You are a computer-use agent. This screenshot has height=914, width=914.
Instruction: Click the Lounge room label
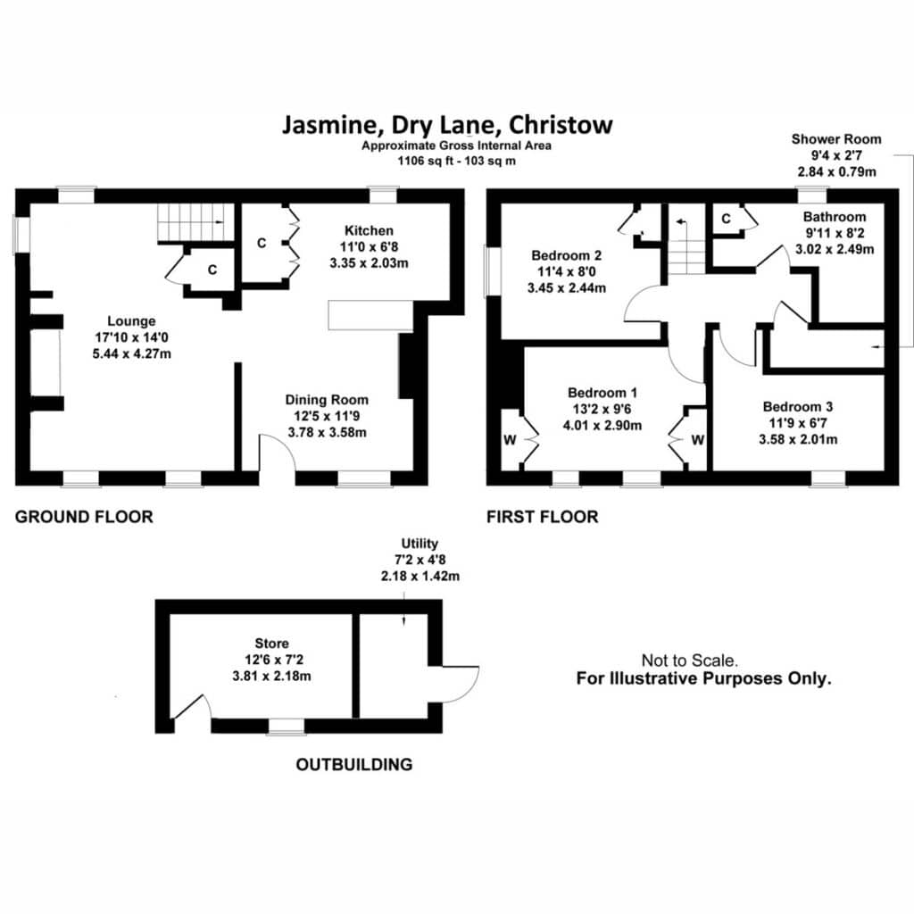pyautogui.click(x=131, y=321)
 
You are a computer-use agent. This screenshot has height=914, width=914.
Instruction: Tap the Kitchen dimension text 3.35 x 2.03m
pyautogui.click(x=369, y=263)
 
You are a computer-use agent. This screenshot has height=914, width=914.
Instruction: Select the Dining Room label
pyautogui.click(x=327, y=400)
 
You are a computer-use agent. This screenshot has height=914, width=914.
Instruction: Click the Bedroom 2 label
pyautogui.click(x=567, y=255)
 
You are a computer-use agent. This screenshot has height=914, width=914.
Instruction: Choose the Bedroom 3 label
pyautogui.click(x=798, y=407)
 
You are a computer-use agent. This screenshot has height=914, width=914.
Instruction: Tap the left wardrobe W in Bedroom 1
pyautogui.click(x=510, y=440)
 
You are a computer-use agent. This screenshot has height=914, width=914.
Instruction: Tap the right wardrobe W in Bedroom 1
pyautogui.click(x=698, y=440)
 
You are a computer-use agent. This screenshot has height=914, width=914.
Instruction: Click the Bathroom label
pyautogui.click(x=835, y=217)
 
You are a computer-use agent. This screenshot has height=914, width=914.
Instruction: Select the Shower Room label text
pyautogui.click(x=836, y=139)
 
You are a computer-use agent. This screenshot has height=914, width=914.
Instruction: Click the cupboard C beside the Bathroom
pyautogui.click(x=726, y=219)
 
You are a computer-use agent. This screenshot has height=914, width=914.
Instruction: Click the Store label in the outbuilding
pyautogui.click(x=271, y=644)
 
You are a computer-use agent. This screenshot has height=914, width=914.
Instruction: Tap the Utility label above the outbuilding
pyautogui.click(x=420, y=544)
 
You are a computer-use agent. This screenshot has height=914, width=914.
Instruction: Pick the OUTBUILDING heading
pyautogui.click(x=354, y=765)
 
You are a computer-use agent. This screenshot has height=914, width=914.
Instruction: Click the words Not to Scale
pyautogui.click(x=690, y=661)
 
